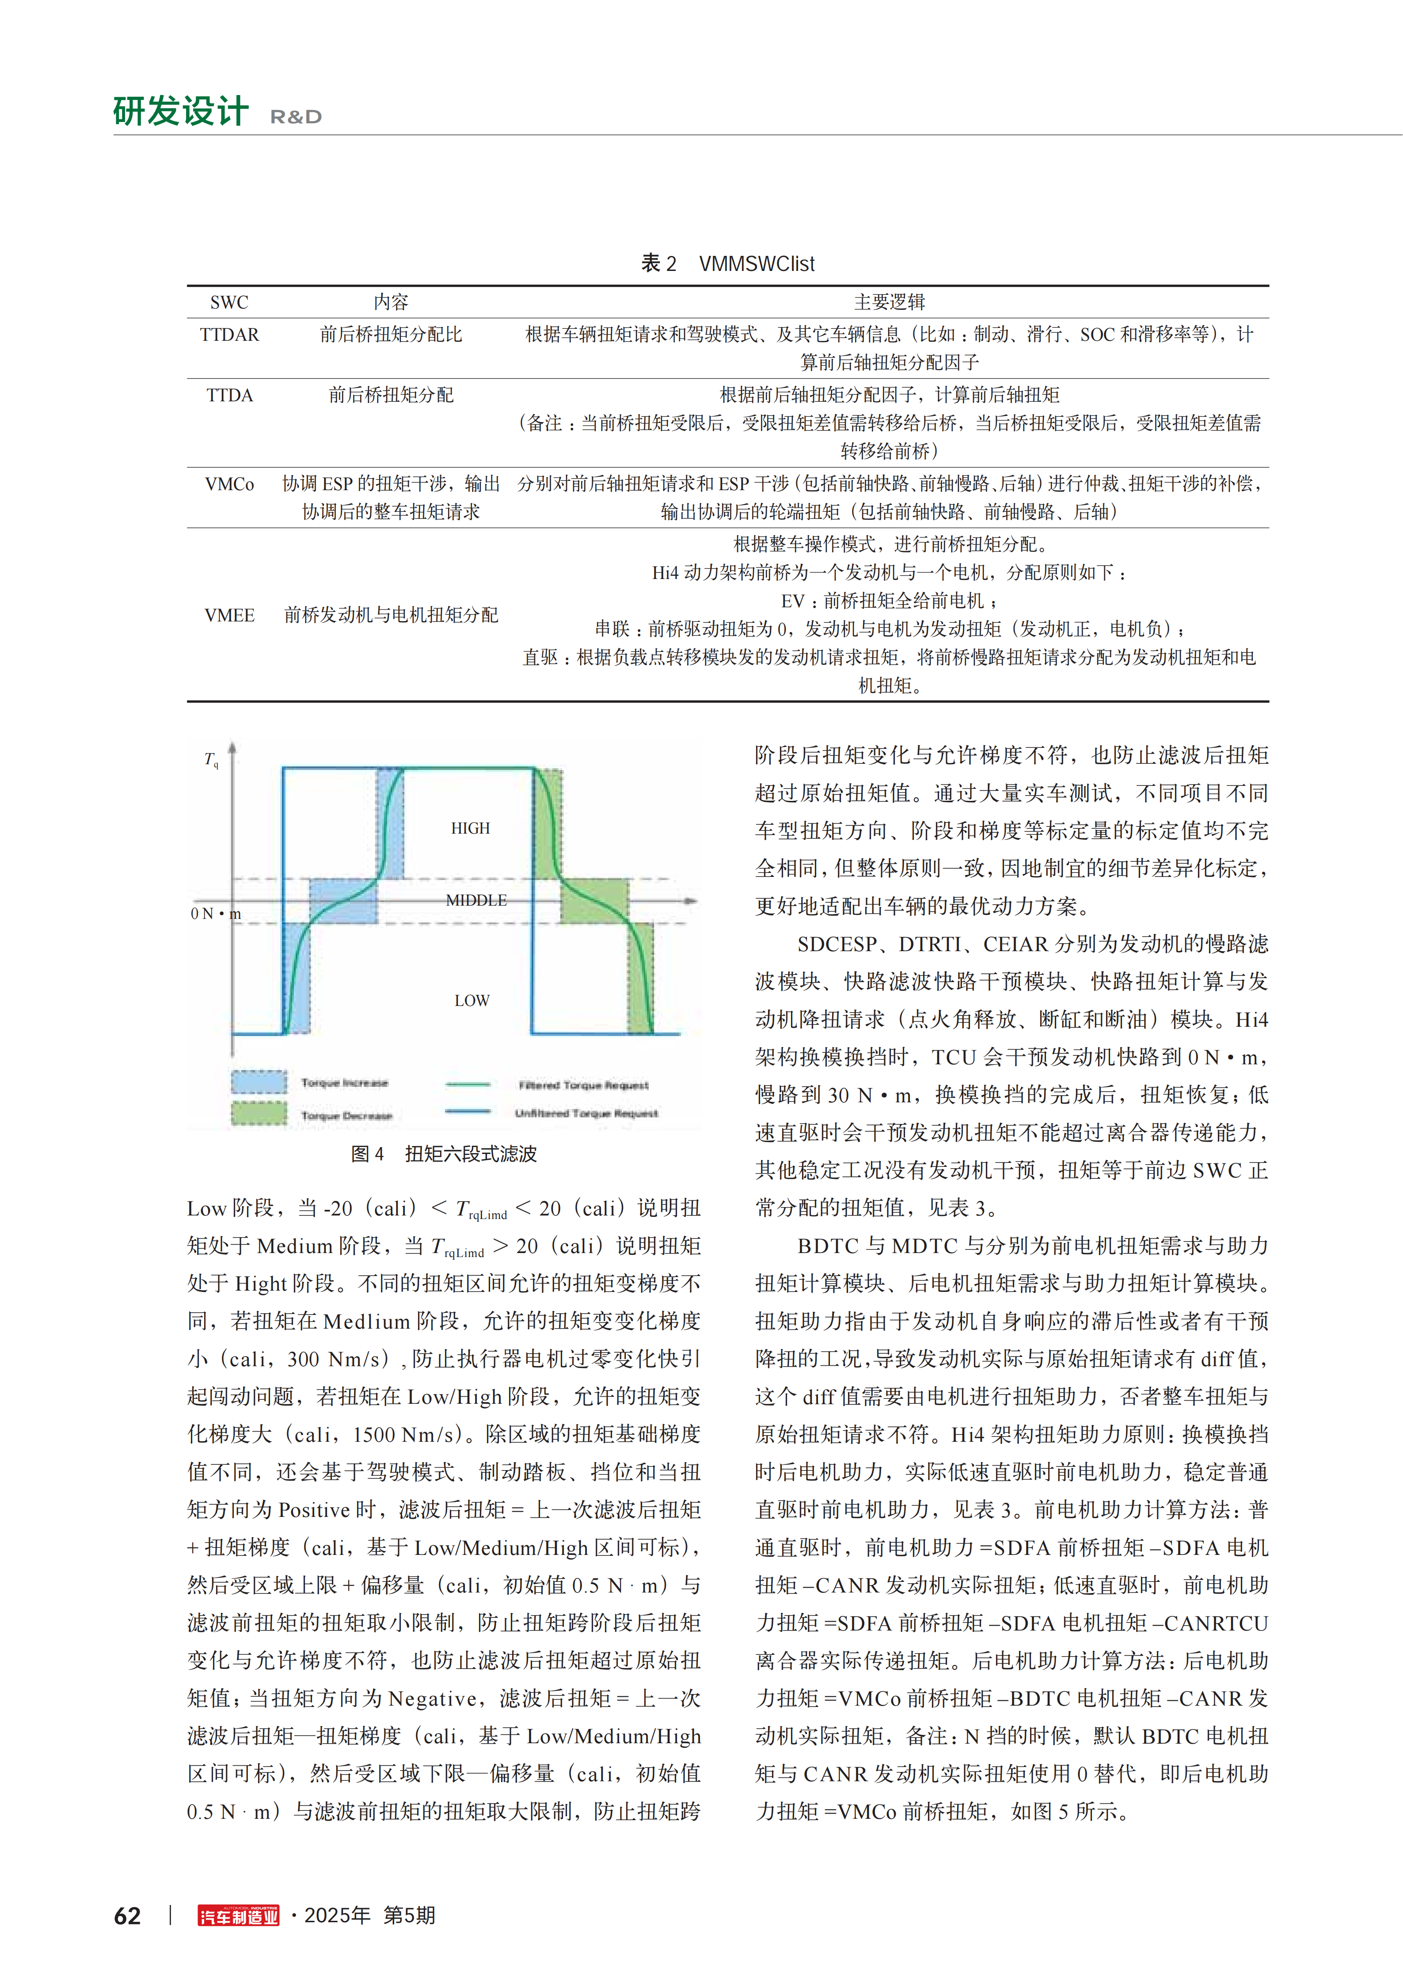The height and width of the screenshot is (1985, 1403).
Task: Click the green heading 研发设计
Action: (181, 111)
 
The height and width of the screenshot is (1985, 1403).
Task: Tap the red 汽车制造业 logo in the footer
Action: (239, 1916)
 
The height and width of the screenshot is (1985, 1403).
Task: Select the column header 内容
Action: (391, 302)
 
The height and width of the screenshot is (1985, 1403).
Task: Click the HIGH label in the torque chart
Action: (470, 828)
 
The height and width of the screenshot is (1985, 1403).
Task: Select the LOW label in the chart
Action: (472, 1000)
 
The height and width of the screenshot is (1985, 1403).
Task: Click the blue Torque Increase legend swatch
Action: (259, 1082)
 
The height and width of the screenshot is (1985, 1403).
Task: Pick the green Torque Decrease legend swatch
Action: (259, 1113)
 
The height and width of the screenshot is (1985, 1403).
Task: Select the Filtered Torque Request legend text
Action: (583, 1085)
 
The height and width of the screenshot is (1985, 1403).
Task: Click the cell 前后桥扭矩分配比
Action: (391, 335)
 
